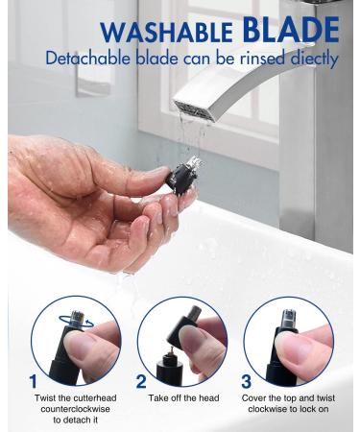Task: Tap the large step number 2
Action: tap(141, 382)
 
